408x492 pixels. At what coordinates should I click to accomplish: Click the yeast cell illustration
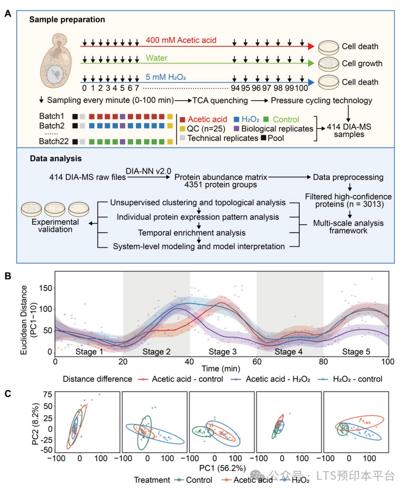tap(56, 61)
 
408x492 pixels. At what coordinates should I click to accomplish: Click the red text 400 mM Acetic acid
tap(181, 40)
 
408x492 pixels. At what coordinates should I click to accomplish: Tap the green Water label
tap(157, 58)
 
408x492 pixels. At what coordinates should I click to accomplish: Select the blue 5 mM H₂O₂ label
tap(166, 77)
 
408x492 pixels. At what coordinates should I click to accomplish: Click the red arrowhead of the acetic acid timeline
tap(311, 46)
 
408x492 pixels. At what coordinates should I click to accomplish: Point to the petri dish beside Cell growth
tap(328, 64)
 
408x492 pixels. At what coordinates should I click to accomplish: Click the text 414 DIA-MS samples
tap(349, 130)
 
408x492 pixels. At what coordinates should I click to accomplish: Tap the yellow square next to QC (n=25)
tap(183, 129)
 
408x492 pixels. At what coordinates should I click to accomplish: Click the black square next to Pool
tap(264, 138)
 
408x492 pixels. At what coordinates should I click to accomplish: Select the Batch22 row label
tap(54, 142)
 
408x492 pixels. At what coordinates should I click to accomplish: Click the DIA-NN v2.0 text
tap(149, 171)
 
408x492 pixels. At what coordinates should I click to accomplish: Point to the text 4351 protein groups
tap(221, 185)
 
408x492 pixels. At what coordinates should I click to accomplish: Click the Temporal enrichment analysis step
tap(192, 233)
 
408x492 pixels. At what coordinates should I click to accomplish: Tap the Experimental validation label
tap(55, 226)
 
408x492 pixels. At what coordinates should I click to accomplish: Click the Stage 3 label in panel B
tap(223, 352)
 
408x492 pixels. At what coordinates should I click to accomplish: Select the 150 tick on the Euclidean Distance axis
tap(45, 288)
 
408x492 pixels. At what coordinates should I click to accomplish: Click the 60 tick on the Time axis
tap(257, 362)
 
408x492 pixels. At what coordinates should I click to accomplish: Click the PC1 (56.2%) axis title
tap(223, 468)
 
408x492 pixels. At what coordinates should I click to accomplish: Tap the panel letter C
tap(8, 394)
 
